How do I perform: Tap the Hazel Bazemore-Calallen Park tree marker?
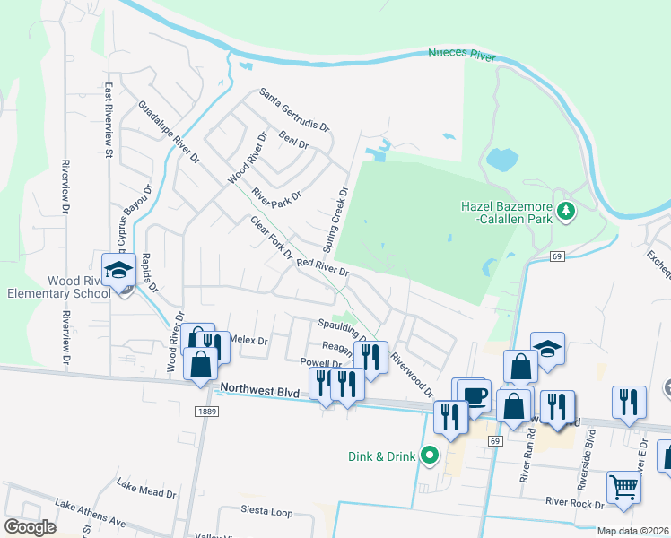[x=565, y=211]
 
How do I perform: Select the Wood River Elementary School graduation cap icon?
[x=118, y=269]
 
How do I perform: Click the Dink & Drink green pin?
[x=429, y=456]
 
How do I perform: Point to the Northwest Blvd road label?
[x=258, y=388]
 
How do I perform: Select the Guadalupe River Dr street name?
[x=168, y=132]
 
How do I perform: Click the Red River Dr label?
[x=322, y=266]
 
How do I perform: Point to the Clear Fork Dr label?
[x=272, y=238]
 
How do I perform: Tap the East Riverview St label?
[x=109, y=115]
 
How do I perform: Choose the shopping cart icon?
[x=623, y=486]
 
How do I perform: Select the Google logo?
[x=30, y=527]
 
